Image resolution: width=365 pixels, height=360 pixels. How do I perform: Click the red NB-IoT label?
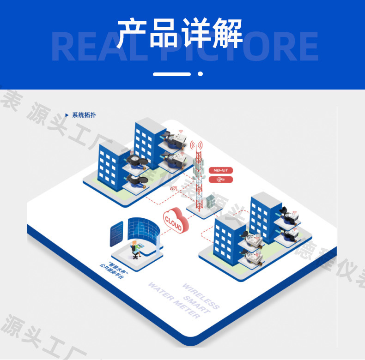pyautogui.click(x=220, y=170)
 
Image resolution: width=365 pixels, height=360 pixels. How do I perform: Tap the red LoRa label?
pyautogui.click(x=220, y=180)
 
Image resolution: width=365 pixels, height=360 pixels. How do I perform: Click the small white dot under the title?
pyautogui.click(x=200, y=74)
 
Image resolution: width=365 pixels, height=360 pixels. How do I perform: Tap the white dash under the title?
pyautogui.click(x=171, y=74)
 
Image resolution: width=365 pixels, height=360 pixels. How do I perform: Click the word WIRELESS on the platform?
pyautogui.click(x=201, y=296)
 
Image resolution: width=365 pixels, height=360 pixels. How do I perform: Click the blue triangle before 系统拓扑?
pyautogui.click(x=67, y=115)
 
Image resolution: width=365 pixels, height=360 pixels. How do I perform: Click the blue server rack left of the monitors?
pyautogui.click(x=117, y=233)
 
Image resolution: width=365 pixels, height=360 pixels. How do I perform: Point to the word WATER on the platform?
pyautogui.click(x=159, y=292)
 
